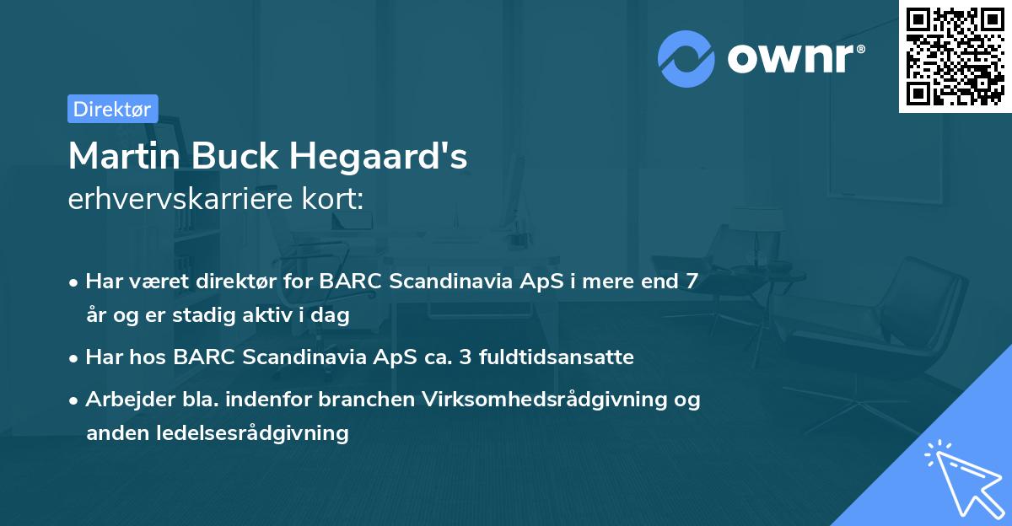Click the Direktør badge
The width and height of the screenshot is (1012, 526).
(112, 109)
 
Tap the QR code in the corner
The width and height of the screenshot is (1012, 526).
(955, 56)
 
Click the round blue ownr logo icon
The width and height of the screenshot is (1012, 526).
(686, 58)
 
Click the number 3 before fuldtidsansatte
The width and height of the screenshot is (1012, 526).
(465, 357)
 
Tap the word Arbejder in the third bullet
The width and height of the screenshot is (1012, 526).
(124, 400)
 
